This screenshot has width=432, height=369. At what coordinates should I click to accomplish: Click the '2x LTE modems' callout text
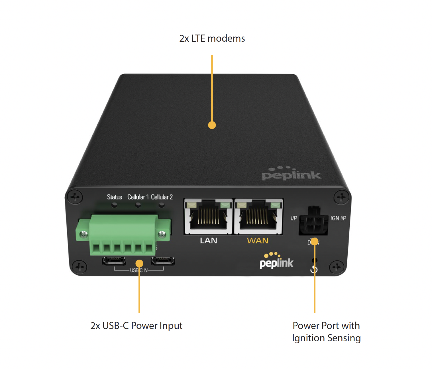(x=212, y=38)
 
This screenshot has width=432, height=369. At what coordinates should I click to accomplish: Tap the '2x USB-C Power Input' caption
(x=136, y=326)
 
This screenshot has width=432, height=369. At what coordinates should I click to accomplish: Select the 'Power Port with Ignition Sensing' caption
(x=326, y=332)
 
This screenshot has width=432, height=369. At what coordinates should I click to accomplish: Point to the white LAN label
(x=208, y=240)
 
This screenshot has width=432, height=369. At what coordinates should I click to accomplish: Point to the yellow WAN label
(x=258, y=240)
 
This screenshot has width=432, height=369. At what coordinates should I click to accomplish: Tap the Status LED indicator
(x=115, y=205)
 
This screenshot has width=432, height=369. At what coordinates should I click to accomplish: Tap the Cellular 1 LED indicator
(x=138, y=205)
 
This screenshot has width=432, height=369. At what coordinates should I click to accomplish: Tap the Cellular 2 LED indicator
(x=162, y=205)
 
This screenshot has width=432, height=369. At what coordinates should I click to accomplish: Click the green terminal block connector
(x=123, y=234)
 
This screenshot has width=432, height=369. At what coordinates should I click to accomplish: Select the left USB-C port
(x=114, y=260)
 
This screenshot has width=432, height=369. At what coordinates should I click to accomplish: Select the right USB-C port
(x=163, y=260)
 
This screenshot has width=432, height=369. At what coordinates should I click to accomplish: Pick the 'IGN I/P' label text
(x=338, y=218)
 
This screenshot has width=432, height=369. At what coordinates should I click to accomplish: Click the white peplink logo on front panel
(x=276, y=261)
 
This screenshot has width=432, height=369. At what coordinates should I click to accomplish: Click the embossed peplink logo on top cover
(x=291, y=174)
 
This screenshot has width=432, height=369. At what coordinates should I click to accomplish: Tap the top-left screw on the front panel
(x=75, y=197)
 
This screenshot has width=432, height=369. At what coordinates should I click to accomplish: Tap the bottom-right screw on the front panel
(x=337, y=267)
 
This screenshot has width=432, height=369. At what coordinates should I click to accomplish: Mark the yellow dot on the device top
(x=212, y=125)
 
